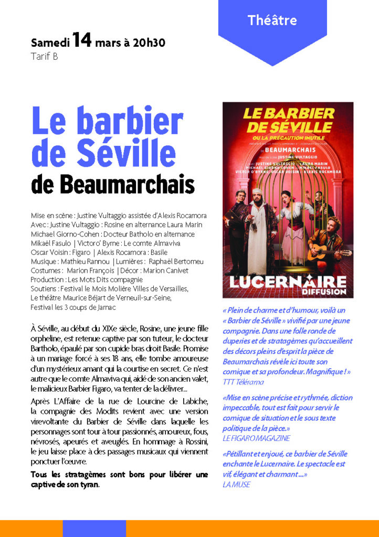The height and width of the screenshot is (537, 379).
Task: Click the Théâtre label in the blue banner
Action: click(x=272, y=21)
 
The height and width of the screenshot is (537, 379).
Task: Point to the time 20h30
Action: click(x=149, y=42)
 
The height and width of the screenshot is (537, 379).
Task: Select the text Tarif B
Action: click(x=45, y=57)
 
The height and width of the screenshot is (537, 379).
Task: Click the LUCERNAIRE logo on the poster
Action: click(x=287, y=281)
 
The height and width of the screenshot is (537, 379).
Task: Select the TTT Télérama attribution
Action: click(x=244, y=382)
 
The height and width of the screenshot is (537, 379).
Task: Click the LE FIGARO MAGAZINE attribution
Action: click(x=256, y=438)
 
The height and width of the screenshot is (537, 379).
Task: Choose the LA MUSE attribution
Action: click(x=236, y=485)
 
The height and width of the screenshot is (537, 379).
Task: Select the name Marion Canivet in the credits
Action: click(x=165, y=271)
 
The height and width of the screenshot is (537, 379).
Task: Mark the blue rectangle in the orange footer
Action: click(x=94, y=528)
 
